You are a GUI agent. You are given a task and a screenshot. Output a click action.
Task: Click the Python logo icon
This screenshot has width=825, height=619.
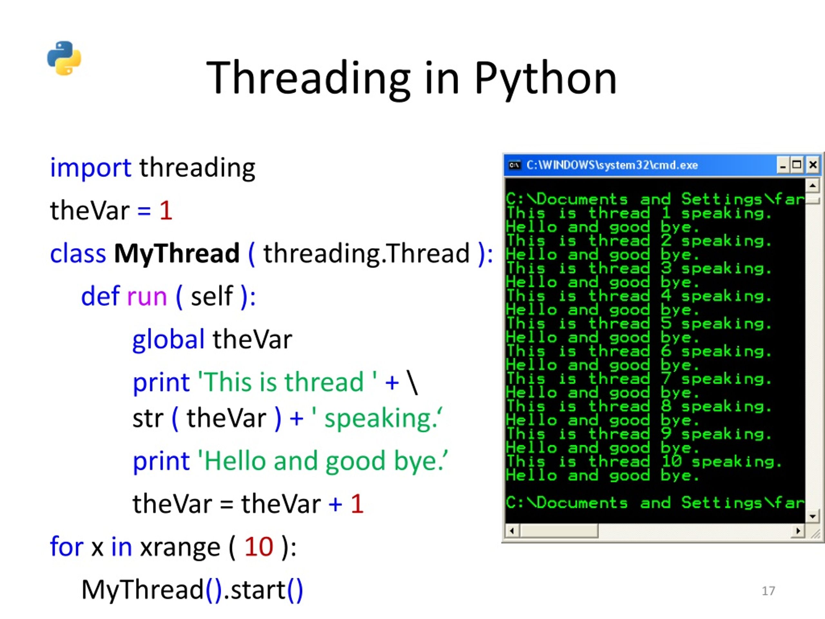(64, 58)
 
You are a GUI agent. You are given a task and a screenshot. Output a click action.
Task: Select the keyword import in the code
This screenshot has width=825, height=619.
(90, 168)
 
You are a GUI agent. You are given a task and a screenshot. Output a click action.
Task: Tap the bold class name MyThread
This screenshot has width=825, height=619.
(176, 253)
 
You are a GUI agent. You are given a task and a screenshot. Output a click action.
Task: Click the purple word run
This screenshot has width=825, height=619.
(147, 297)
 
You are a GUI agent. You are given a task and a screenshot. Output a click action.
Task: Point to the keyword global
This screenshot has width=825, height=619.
(168, 340)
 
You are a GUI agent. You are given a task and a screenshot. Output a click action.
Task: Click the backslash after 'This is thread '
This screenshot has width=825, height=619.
(412, 382)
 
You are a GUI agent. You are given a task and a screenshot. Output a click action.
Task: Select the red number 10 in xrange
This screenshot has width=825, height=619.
(259, 547)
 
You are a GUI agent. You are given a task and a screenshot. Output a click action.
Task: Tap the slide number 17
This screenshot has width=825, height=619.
(768, 591)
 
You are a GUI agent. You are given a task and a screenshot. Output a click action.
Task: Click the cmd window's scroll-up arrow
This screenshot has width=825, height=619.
(812, 185)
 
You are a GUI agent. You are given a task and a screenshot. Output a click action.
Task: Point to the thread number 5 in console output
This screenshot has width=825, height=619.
(666, 323)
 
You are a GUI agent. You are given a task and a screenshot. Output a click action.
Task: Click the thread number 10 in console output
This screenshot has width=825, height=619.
(672, 462)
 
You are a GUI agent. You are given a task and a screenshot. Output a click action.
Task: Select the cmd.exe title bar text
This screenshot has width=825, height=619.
(612, 165)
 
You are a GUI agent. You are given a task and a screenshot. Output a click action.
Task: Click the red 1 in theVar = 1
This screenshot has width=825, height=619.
(166, 211)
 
